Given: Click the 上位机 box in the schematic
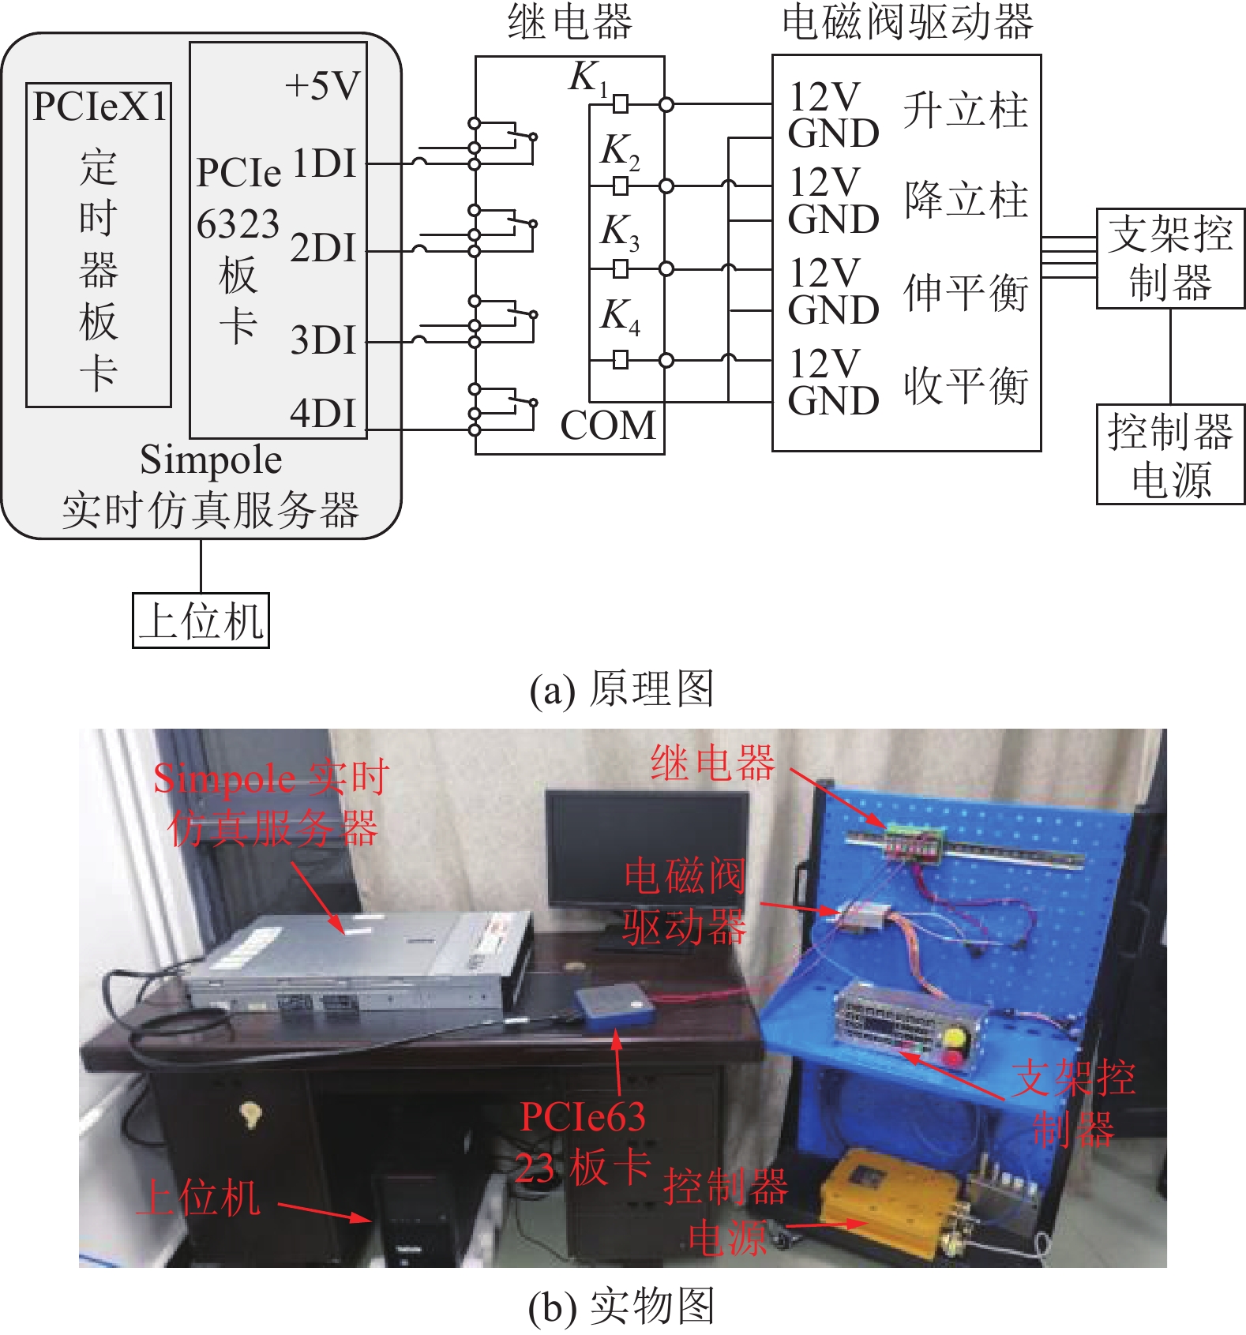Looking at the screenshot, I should pos(201,621).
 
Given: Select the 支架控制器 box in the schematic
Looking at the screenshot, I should pos(1170,258).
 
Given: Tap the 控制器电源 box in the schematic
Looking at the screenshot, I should pos(1170,455).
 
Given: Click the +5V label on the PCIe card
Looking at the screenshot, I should pos(322,85).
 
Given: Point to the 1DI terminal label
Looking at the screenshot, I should pos(325,163).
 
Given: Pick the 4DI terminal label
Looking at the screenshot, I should pos(325,413).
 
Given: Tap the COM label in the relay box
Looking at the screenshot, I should pos(608,426).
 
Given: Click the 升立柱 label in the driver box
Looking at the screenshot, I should pos(966,111).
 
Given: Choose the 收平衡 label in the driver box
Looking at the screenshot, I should pos(966,386).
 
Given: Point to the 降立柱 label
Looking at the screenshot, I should pos(966,199).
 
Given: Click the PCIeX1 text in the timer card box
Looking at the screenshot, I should pos(99,107).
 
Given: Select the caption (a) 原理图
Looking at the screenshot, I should pos(621,689).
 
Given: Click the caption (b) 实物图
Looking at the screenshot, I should pos(621,1307).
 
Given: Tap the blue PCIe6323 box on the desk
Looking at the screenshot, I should pos(615,1006).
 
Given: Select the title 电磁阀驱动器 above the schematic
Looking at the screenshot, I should pos(907,22).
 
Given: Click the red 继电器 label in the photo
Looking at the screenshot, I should pos(713,763).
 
